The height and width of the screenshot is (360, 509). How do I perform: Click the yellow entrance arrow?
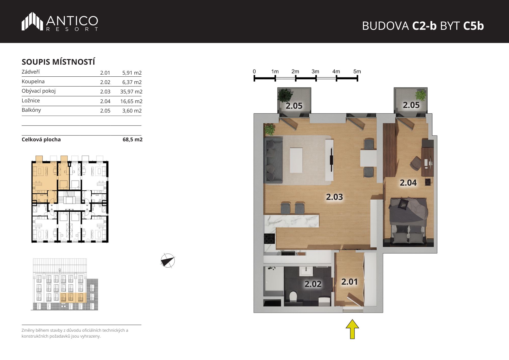352,329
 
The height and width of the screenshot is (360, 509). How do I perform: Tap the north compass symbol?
168,261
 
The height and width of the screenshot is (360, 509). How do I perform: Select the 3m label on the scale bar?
315,72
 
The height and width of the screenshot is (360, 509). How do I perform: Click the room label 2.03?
334,197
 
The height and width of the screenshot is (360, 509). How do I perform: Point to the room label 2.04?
408,183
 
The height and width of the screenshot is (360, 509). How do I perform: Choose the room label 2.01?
349,282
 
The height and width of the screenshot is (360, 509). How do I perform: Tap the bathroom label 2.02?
313,284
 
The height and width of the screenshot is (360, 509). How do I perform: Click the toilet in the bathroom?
293,297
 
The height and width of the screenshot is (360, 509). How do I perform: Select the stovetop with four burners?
270,239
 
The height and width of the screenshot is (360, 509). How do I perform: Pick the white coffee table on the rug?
296,160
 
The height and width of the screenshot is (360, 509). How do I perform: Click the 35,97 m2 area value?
131,92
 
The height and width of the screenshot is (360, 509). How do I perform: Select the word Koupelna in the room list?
33,81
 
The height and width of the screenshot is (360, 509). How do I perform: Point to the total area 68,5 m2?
133,140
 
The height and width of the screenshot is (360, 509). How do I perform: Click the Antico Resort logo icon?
32,21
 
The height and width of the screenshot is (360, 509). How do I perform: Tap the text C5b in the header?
473,26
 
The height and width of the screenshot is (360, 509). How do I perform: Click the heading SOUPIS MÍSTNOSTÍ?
58,62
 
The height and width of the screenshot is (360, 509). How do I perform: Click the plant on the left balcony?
285,95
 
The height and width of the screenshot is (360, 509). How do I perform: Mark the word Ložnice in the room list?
31,101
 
